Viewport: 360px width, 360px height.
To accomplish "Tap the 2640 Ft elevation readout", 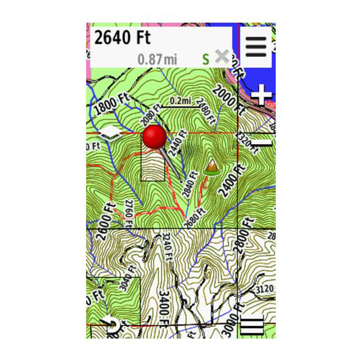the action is [122, 38].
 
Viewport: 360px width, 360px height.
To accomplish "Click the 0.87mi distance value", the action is [158, 60].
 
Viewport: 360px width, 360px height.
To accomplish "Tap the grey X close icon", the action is [222, 57].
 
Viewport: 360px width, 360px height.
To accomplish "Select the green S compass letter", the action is [206, 60].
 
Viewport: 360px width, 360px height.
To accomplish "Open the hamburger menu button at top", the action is [256, 46].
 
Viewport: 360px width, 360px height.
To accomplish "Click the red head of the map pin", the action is [155, 136].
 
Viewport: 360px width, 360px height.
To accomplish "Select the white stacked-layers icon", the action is [112, 133].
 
